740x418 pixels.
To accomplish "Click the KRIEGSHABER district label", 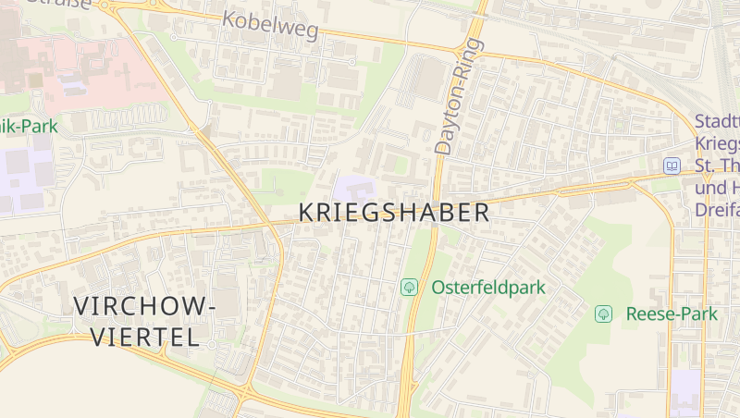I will click(394, 212).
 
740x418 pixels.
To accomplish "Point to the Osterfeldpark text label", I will click(488, 288).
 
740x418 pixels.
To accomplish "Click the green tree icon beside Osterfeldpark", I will click(408, 288).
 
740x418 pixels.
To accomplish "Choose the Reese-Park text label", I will click(672, 313).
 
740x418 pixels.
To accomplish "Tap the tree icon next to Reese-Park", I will click(603, 313).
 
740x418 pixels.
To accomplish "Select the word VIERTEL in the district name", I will click(145, 337).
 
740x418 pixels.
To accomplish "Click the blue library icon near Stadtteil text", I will click(672, 166).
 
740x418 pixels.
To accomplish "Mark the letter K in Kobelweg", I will click(228, 17).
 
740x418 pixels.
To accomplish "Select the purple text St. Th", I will click(718, 166).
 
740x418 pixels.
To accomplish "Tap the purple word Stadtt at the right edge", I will click(718, 122).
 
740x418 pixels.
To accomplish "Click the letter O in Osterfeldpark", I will click(438, 288).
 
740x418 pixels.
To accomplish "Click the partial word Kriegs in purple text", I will click(718, 144).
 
